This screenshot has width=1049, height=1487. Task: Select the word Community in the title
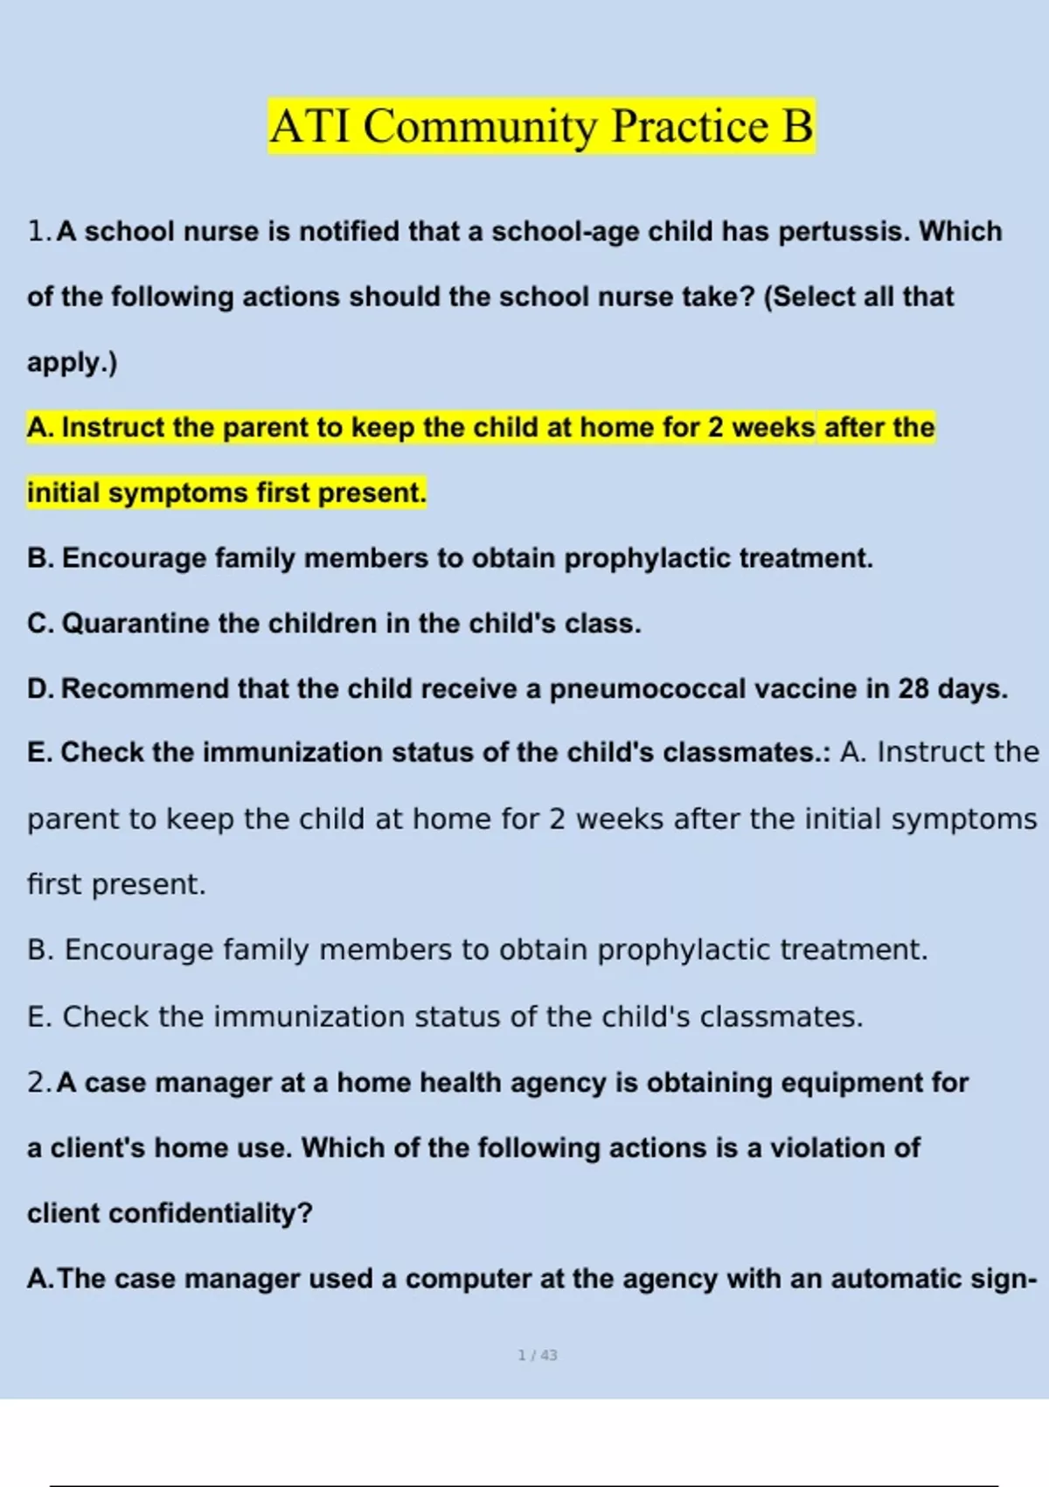pos(480,126)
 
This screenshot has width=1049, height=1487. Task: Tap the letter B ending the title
pos(796,126)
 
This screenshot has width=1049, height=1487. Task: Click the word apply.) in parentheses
pos(72,362)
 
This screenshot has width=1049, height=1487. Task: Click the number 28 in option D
pos(913,689)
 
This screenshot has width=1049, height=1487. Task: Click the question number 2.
pos(38,1083)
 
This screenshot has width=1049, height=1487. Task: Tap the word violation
pos(827,1148)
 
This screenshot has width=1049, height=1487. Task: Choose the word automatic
pos(895,1279)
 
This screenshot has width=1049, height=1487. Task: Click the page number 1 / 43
pos(538,1355)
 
